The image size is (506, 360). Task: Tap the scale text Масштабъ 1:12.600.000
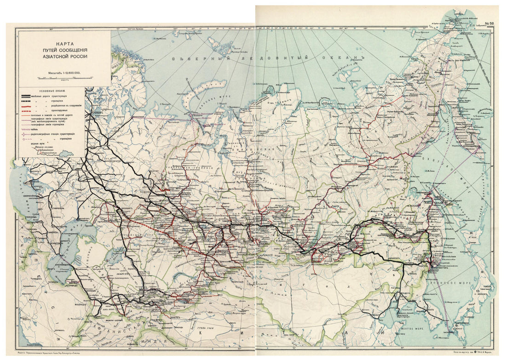pos(64,73)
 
